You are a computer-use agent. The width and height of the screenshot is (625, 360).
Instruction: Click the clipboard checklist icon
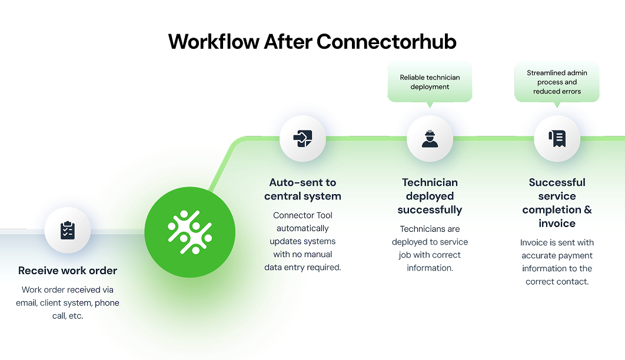68,230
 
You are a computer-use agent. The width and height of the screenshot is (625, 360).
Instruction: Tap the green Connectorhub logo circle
190,232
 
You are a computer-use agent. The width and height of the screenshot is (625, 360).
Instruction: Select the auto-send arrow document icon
302,139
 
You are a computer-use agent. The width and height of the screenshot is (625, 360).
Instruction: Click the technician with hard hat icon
430,139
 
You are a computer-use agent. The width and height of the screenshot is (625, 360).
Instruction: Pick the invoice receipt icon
557,139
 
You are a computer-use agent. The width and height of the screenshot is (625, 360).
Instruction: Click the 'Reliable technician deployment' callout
430,82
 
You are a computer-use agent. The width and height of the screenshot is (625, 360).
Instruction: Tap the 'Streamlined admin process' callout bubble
557,82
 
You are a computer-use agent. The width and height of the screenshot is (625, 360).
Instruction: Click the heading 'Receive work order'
68,271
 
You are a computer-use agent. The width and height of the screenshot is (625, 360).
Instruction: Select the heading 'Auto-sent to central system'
302,189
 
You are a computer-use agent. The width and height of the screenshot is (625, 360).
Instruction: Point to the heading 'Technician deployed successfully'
430,196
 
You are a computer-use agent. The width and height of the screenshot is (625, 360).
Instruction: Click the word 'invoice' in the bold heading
557,224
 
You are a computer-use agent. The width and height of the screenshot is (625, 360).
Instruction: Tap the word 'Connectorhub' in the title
386,42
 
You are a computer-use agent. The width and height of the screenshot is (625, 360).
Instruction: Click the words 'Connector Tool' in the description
302,215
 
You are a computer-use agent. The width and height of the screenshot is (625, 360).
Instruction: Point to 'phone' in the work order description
107,303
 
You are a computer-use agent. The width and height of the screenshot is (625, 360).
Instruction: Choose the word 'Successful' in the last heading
557,182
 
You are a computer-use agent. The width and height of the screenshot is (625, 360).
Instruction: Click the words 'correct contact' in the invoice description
557,282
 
